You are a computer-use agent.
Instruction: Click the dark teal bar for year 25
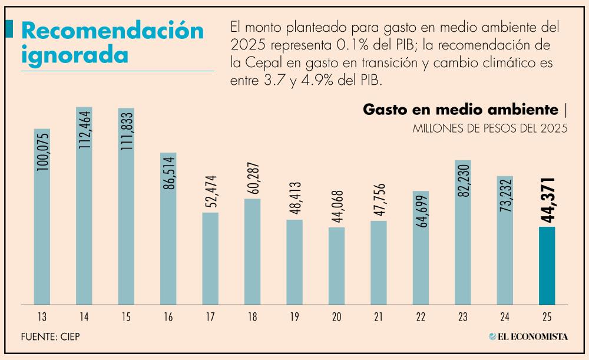(547, 265)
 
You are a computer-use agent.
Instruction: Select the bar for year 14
(84, 206)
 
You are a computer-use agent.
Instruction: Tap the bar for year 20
(336, 266)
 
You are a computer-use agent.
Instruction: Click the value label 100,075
(42, 151)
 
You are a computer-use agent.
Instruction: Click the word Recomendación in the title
(112, 31)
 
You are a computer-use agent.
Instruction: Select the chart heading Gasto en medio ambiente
(460, 110)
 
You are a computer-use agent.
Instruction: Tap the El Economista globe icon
(492, 336)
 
